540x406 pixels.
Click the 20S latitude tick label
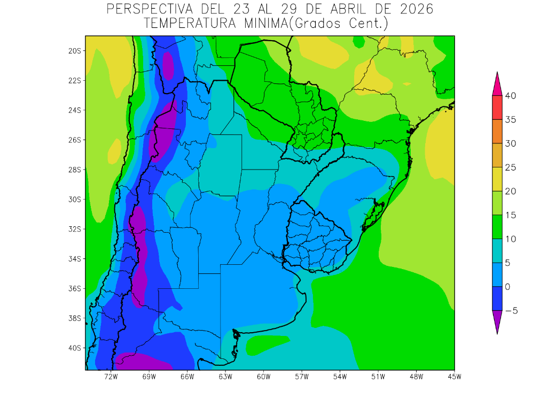(74, 51)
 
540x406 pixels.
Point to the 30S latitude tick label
(74, 200)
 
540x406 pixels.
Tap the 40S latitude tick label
(74, 348)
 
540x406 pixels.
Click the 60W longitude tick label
(263, 377)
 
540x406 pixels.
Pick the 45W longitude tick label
(454, 377)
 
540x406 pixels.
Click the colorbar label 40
(510, 96)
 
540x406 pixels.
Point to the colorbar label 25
(510, 167)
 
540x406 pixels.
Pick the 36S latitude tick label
(74, 288)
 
